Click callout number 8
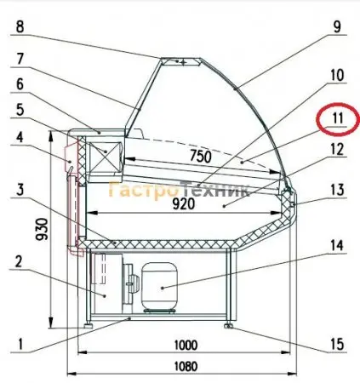[x=20, y=27]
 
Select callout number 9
[x=337, y=27]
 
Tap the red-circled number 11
[x=338, y=118]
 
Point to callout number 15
[x=337, y=345]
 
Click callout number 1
[x=20, y=344]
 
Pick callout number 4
[x=20, y=138]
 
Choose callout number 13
[x=337, y=190]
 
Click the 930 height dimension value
[x=43, y=229]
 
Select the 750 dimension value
[x=201, y=157]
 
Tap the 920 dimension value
[x=184, y=203]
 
